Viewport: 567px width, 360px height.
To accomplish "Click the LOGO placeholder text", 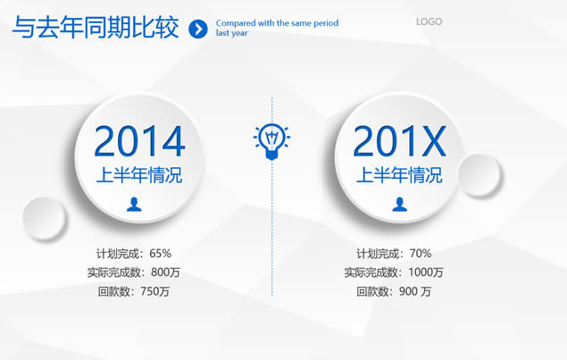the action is coord(429,21).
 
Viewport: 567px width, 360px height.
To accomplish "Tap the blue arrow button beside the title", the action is coord(198,29).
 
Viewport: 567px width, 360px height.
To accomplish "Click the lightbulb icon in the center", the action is coord(271,141).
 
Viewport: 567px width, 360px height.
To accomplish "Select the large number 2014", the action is coord(139,141).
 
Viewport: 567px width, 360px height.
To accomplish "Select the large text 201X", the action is coord(399,141).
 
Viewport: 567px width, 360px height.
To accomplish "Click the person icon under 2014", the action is coord(134,204).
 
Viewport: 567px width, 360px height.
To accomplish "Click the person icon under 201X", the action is coord(399,204).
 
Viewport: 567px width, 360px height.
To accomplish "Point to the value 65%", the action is coord(160,254).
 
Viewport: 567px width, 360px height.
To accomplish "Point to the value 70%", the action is coord(421,254).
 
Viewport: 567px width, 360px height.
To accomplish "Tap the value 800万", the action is coord(165,272).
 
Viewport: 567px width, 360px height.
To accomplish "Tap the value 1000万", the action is coord(426,272).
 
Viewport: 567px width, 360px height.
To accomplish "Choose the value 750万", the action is coord(154,291).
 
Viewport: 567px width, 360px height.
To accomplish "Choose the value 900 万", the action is coord(415,291).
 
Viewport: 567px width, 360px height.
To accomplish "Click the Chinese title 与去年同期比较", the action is coord(96,27).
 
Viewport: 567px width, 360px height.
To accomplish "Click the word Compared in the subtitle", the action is coord(236,23).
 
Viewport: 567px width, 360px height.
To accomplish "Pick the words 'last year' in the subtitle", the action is coord(232,33).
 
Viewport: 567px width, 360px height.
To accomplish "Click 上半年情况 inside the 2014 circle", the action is coord(139,175).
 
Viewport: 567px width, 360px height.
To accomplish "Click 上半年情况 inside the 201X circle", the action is coord(399,175).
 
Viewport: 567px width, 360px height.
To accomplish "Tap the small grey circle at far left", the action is coord(44,218).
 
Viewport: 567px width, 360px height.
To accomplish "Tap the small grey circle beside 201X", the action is coord(479,175).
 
